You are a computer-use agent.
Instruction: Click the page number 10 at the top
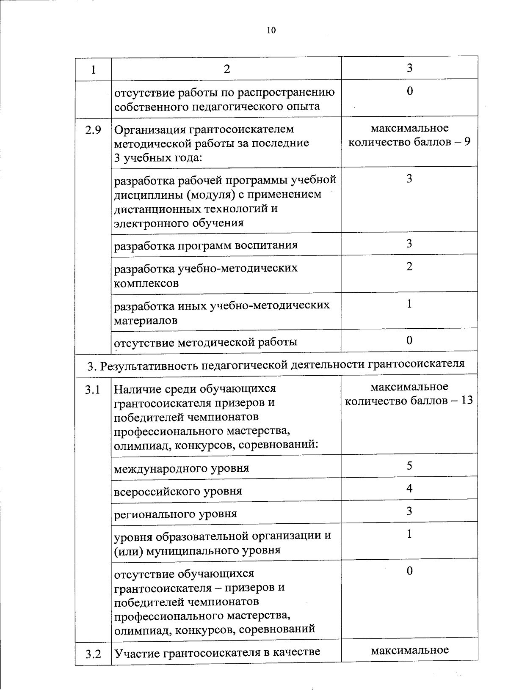(x=271, y=30)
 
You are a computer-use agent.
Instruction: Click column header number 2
(x=227, y=69)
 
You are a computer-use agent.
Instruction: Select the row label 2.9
(x=93, y=130)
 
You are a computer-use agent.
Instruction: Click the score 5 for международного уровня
(x=409, y=466)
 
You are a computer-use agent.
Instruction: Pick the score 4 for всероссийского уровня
(x=409, y=489)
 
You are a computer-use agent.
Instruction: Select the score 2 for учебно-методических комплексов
(x=409, y=266)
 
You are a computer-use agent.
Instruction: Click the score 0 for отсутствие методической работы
(x=409, y=340)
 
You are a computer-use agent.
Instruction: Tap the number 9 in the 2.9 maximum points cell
(x=466, y=142)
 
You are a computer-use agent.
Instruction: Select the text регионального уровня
(x=175, y=514)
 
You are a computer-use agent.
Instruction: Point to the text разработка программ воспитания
(x=206, y=245)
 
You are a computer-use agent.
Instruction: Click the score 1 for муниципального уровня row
(x=409, y=534)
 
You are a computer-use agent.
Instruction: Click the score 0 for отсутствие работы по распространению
(x=409, y=91)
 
